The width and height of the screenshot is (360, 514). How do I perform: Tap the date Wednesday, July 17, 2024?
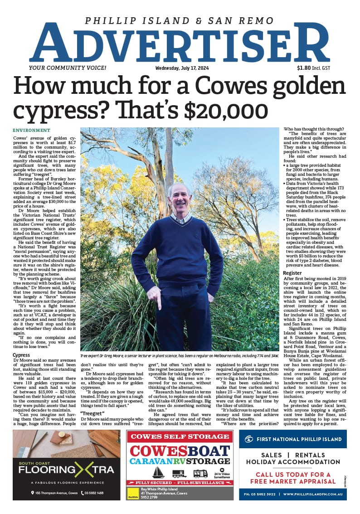pyautogui.click(x=180, y=68)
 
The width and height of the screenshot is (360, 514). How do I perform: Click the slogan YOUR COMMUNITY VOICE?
pyautogui.click(x=67, y=68)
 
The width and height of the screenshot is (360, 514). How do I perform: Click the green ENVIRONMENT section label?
pyautogui.click(x=31, y=131)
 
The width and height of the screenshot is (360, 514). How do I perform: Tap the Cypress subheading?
pyautogui.click(x=21, y=355)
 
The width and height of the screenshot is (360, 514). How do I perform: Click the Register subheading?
pyautogui.click(x=292, y=273)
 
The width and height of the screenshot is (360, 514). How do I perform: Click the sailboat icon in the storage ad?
pyautogui.click(x=158, y=473)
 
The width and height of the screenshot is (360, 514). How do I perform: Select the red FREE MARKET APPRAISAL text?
pyautogui.click(x=292, y=481)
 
